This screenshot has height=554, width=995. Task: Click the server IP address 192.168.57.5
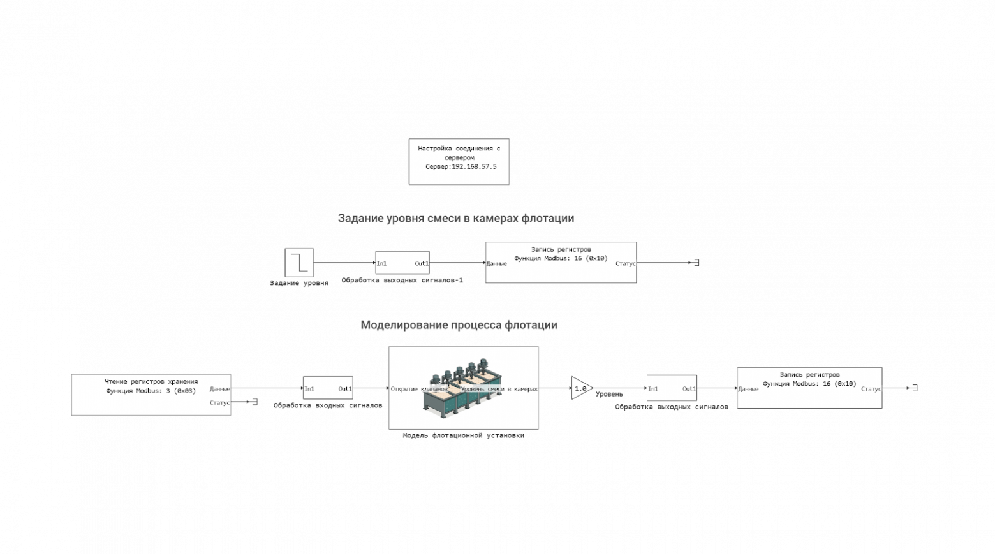click(x=473, y=167)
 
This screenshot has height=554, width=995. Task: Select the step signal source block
click(x=299, y=263)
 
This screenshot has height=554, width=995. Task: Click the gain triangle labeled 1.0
click(x=581, y=388)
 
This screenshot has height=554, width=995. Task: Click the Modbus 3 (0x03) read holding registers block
click(x=151, y=395)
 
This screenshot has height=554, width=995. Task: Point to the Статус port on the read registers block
click(x=219, y=403)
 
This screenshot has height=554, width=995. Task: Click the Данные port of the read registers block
click(x=219, y=389)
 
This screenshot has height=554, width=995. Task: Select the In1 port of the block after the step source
click(x=381, y=263)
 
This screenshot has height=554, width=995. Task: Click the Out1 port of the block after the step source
click(x=422, y=263)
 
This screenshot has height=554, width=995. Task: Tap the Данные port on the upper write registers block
click(x=496, y=263)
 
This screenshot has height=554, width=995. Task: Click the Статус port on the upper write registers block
click(x=626, y=263)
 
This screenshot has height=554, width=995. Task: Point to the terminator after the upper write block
click(x=697, y=263)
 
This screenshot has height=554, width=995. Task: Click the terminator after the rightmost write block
click(x=915, y=388)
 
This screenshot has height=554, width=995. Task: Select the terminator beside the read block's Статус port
click(x=254, y=402)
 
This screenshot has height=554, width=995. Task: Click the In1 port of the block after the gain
click(x=653, y=389)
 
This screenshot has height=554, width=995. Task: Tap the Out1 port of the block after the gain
click(x=689, y=389)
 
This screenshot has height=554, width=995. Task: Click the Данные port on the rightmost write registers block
click(x=748, y=389)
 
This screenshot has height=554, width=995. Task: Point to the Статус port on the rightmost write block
click(x=871, y=389)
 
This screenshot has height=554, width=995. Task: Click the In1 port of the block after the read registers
click(x=309, y=389)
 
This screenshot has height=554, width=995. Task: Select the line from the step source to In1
click(x=344, y=263)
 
